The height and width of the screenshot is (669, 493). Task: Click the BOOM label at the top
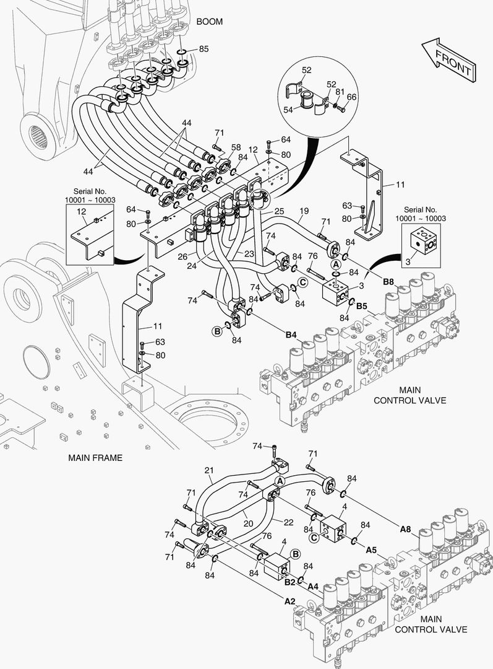(209, 22)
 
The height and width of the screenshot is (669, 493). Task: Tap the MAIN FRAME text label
(95, 458)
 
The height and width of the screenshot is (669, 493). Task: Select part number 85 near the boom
(204, 49)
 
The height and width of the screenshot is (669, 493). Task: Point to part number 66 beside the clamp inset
(351, 97)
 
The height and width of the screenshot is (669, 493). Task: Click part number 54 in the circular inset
(287, 109)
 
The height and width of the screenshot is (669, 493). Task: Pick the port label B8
(388, 282)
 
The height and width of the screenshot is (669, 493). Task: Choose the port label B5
(362, 305)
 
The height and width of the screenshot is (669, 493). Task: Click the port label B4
(291, 335)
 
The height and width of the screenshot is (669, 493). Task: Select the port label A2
(289, 600)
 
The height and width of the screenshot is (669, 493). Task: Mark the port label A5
(371, 549)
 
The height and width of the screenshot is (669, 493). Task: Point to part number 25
(279, 212)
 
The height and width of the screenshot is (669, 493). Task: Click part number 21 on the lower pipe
(208, 471)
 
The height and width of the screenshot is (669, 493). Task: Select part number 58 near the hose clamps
(236, 147)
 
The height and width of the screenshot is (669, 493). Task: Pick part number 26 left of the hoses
(182, 256)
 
